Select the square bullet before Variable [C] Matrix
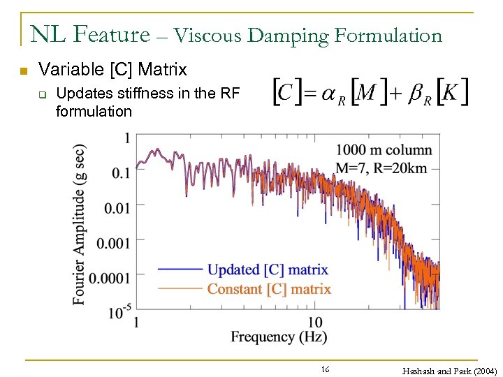point(23,71)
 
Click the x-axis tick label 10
point(315,322)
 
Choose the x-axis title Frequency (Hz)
point(279,337)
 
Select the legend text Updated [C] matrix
point(268,269)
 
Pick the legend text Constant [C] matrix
point(269,289)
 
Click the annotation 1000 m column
point(384,150)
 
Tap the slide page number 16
point(325,369)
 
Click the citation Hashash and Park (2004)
point(449,371)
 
